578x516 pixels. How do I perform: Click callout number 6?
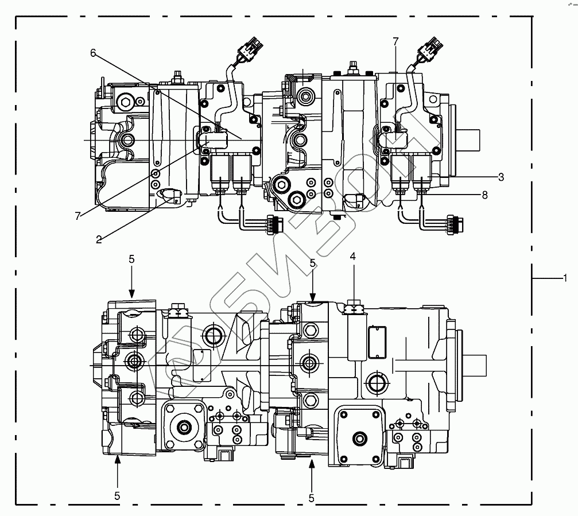point(93,53)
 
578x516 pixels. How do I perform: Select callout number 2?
point(99,239)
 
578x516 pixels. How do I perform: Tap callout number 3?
point(501,177)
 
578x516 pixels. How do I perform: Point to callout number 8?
point(484,195)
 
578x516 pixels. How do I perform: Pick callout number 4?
point(353,257)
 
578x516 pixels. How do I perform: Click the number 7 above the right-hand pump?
point(395,41)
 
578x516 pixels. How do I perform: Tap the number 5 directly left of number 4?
point(313,263)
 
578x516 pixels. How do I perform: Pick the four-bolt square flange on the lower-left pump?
point(184,425)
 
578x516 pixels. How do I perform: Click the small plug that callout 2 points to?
point(170,195)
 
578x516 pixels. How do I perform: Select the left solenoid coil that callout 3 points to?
point(399,172)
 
